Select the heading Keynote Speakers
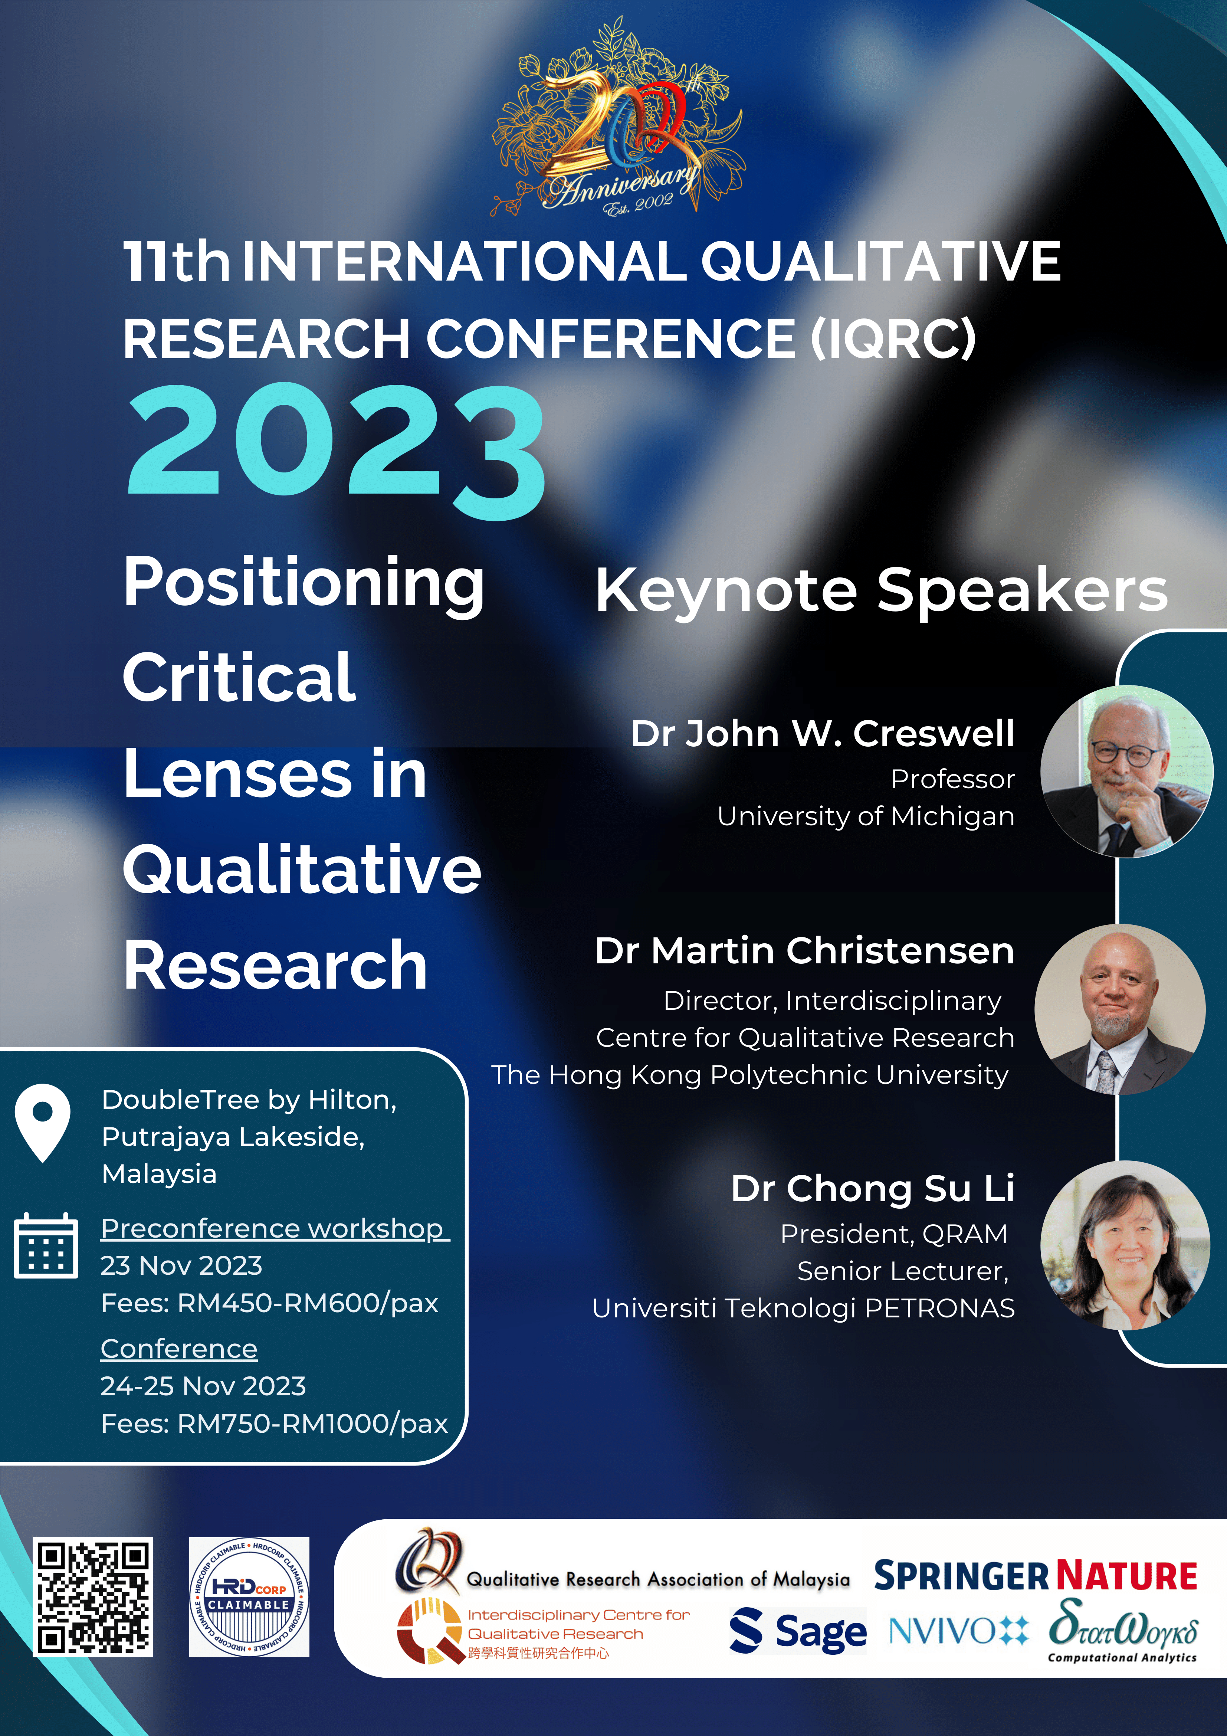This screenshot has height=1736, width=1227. point(882,590)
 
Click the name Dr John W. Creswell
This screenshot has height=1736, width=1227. point(823,733)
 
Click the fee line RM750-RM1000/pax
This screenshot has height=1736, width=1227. point(275,1424)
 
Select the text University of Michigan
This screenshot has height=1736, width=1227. point(866,816)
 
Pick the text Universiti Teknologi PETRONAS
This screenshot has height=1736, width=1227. point(803,1308)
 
